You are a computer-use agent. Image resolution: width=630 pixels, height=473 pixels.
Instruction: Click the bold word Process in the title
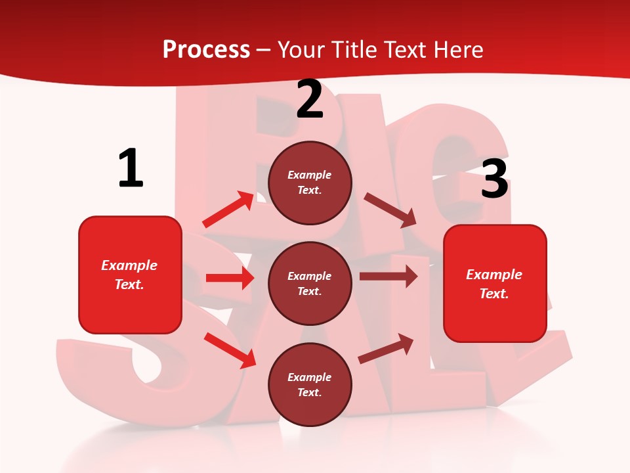click(206, 50)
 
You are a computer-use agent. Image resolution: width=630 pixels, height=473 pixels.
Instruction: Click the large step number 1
click(131, 169)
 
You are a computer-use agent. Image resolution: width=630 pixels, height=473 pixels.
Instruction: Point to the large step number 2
click(310, 99)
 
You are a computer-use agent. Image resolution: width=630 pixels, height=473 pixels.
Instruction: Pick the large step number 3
click(494, 179)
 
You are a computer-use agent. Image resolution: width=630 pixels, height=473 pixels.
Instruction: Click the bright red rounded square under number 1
click(130, 275)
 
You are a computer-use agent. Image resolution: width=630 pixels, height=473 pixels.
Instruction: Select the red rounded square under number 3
click(495, 283)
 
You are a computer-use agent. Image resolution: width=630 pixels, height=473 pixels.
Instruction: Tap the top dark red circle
click(310, 183)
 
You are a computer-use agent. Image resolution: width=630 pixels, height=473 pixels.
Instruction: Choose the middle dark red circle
click(310, 283)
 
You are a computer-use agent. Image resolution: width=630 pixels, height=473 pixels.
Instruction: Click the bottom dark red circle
click(310, 384)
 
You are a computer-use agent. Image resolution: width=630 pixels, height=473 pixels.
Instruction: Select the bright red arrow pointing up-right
click(228, 209)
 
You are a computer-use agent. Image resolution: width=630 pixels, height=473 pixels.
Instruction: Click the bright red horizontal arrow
click(230, 278)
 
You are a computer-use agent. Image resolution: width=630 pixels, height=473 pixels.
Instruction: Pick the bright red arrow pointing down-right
click(230, 350)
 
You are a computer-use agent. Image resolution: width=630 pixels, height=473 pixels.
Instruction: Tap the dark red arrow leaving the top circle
click(390, 210)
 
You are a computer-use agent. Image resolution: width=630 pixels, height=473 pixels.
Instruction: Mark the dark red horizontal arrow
click(388, 276)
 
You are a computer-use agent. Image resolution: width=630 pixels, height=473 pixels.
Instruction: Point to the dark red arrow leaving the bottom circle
click(386, 349)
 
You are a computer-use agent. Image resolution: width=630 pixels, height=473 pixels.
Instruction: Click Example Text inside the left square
click(130, 275)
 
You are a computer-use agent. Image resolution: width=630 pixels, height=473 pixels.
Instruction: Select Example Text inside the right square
click(495, 284)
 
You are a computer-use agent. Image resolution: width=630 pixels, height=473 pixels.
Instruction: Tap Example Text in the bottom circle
click(310, 384)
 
